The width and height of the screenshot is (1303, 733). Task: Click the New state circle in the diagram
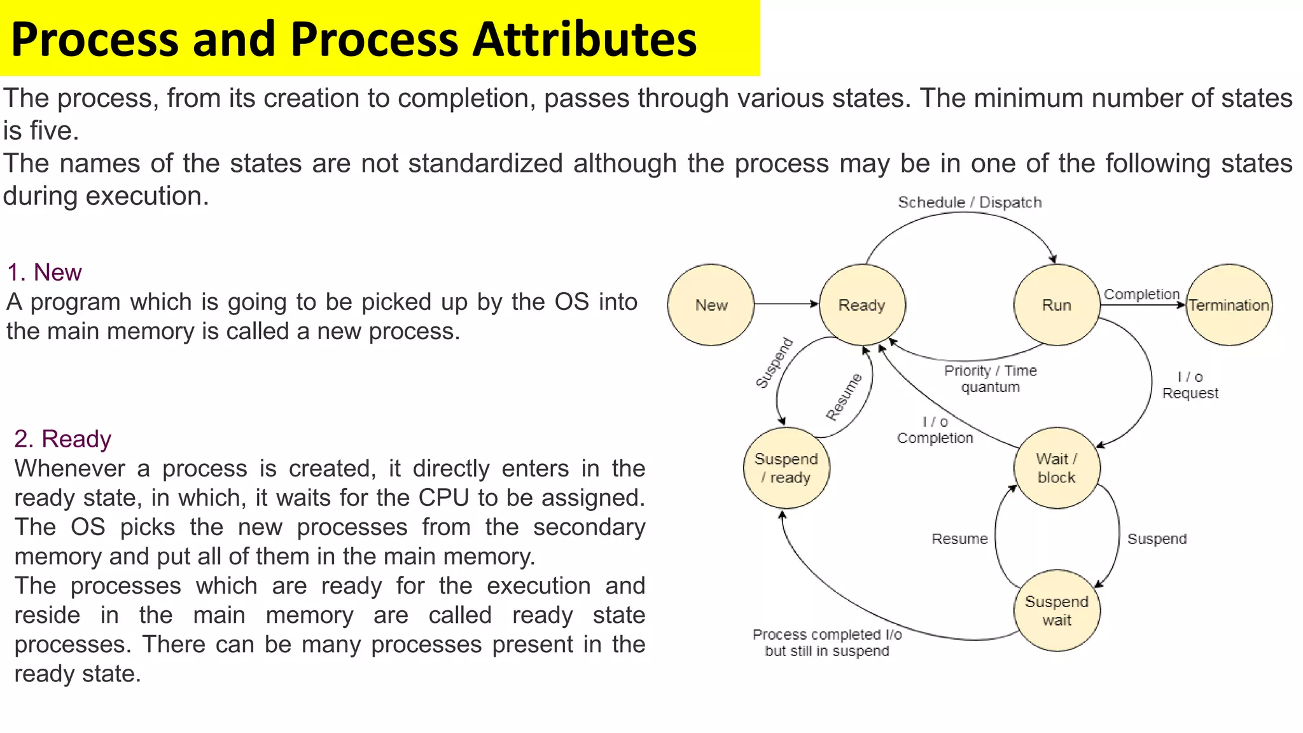[x=711, y=305]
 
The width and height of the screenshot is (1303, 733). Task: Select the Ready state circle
[x=862, y=305]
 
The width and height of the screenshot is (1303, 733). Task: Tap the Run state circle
[x=1057, y=305]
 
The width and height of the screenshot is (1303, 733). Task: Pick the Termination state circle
[x=1229, y=305]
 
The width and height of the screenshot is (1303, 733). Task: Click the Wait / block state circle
[x=1057, y=468]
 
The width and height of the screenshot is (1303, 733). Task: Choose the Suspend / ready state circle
[x=786, y=468]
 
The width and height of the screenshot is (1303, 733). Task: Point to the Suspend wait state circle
[x=1057, y=610]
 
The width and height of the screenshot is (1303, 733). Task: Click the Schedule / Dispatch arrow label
[x=970, y=202]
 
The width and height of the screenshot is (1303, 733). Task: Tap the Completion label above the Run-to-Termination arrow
[x=1141, y=294]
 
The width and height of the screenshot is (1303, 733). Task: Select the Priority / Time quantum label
[x=991, y=379]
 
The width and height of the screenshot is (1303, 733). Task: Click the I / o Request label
[x=1190, y=385]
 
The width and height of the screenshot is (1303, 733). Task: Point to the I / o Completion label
[x=935, y=429]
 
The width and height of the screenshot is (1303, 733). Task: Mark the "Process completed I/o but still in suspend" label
[x=827, y=643]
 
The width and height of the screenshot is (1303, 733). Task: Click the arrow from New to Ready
[x=786, y=304]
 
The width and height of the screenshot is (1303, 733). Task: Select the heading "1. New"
[x=45, y=272]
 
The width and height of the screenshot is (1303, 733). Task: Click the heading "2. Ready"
[x=62, y=439]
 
